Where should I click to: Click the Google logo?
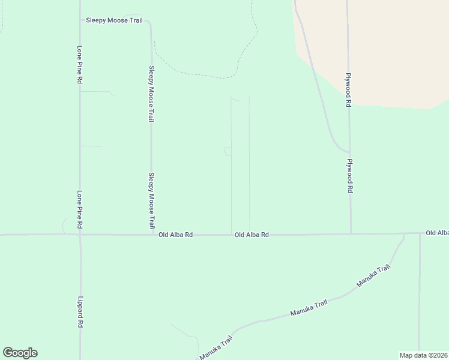coord(20,353)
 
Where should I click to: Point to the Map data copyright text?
coord(424,355)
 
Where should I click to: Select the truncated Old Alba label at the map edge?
coord(437,232)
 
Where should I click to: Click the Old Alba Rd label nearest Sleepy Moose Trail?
coord(175,235)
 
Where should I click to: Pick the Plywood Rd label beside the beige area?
coord(348,90)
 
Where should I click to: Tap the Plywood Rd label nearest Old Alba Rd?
coord(349,175)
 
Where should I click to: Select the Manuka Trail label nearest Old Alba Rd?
coord(373,275)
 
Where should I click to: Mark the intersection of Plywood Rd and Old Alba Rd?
coord(351,233)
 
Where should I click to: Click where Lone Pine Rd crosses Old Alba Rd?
coord(79,235)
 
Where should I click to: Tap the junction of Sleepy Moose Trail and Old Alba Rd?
coord(151,235)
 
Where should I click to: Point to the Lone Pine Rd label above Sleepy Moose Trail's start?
coord(79,65)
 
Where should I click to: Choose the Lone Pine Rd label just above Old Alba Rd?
coord(79,210)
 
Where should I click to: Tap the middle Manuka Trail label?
coord(309,308)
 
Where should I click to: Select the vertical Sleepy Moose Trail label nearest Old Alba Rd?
coord(151,201)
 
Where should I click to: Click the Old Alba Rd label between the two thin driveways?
coord(252,235)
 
